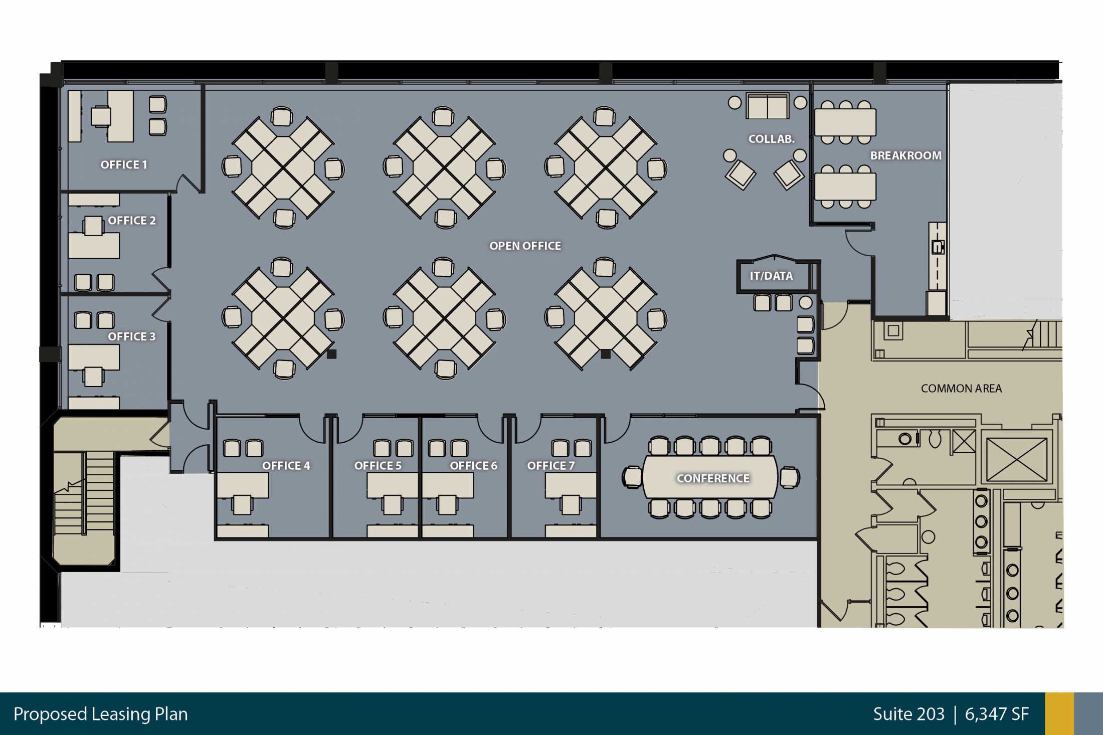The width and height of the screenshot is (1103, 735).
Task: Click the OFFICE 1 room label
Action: pos(124,165)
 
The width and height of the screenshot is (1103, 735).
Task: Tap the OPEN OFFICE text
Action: pos(525,246)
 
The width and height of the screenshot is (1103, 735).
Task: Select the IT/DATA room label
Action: pos(771,276)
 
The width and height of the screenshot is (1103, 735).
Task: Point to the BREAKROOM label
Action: pos(905,156)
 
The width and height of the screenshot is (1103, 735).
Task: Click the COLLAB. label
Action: pos(772,139)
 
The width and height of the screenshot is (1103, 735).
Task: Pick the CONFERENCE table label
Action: pos(713,479)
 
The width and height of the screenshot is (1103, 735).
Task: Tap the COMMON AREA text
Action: pos(961,389)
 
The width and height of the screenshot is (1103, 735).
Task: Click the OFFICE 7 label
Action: pos(550,466)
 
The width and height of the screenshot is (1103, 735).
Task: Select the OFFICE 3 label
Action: pos(131,337)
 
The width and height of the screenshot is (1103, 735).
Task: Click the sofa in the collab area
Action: pos(767,106)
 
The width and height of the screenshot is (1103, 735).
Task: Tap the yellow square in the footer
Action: pos(1059,713)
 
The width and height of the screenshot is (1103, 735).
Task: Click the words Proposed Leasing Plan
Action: pos(101,714)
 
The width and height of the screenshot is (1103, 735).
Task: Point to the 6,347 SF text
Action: pos(997,714)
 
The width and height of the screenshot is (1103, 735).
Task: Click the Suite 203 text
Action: pos(908,714)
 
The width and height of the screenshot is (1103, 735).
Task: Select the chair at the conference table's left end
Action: pos(632,477)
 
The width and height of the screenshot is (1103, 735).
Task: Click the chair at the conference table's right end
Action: pos(790,477)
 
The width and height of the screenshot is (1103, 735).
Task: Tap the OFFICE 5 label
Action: pos(378,466)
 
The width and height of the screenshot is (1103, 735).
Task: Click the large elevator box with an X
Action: pos(1016,460)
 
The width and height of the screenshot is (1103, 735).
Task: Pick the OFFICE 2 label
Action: pos(131,221)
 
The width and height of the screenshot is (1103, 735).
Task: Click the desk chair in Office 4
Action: pos(243,504)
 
